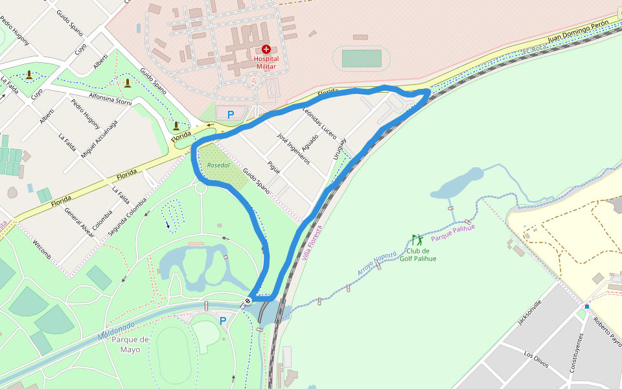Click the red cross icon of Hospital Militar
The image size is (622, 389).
pyautogui.click(x=266, y=49)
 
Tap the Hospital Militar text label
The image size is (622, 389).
pyautogui.click(x=266, y=62)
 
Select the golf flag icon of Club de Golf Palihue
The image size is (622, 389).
pyautogui.click(x=417, y=239)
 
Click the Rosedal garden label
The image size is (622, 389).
pyautogui.click(x=218, y=165)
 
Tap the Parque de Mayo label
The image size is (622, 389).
pyautogui.click(x=130, y=344)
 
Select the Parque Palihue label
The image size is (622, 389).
pyautogui.click(x=453, y=233)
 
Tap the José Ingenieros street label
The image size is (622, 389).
pyautogui.click(x=293, y=149)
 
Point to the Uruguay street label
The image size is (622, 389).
pyautogui.click(x=340, y=149)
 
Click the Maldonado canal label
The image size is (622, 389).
pyautogui.click(x=117, y=330)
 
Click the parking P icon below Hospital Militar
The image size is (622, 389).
pyautogui.click(x=230, y=114)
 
